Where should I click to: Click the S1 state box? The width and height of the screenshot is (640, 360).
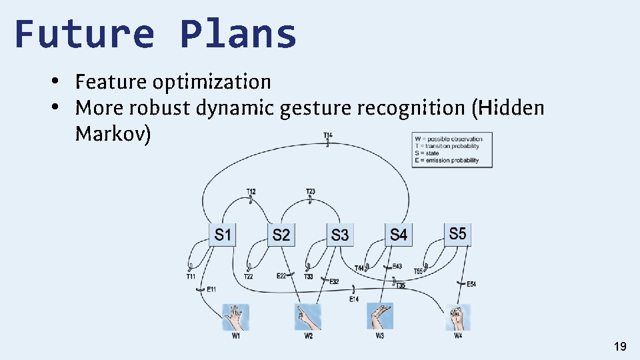[x=223, y=234]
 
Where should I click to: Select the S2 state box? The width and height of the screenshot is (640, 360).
[x=281, y=234]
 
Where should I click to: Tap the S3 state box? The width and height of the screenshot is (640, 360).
[x=340, y=234]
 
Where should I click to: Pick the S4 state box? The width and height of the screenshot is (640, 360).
[x=398, y=234]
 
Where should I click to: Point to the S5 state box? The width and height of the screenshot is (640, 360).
[x=457, y=233]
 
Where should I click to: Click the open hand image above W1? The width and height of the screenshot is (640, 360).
[x=235, y=317]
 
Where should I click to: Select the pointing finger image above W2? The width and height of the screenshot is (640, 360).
[x=308, y=317]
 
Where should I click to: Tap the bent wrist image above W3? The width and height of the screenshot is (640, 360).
[x=379, y=316]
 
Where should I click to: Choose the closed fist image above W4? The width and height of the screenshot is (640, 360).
[x=458, y=317]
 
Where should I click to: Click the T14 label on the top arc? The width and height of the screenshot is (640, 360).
[x=328, y=135]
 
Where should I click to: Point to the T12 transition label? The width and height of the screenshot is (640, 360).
[x=251, y=191]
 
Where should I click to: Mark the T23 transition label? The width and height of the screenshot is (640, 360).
[x=311, y=191]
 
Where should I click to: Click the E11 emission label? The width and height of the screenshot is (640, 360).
[x=211, y=289]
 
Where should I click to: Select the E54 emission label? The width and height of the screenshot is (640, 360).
[x=471, y=285]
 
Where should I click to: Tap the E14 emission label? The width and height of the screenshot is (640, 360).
[x=354, y=299]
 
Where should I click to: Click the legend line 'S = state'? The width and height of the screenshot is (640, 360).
[x=427, y=153]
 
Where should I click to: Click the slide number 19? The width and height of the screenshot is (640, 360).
[x=620, y=346]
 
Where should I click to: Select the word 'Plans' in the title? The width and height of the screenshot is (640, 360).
[x=238, y=33]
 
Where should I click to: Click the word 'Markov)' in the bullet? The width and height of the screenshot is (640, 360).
[x=113, y=133]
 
